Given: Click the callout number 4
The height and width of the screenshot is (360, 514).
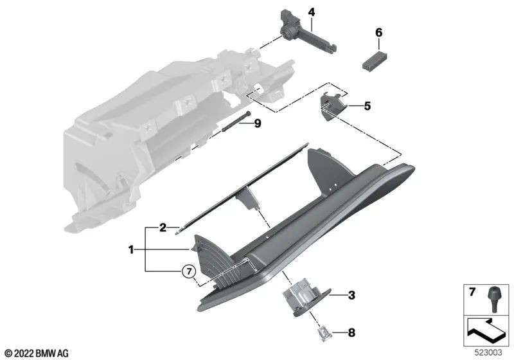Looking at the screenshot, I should [x=311, y=12].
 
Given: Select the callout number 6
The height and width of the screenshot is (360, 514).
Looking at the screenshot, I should [x=378, y=32].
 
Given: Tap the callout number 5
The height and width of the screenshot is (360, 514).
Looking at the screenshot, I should [x=367, y=105].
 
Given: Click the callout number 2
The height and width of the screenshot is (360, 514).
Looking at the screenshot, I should [x=163, y=227].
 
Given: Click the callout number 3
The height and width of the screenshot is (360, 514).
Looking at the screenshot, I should [x=351, y=295].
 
